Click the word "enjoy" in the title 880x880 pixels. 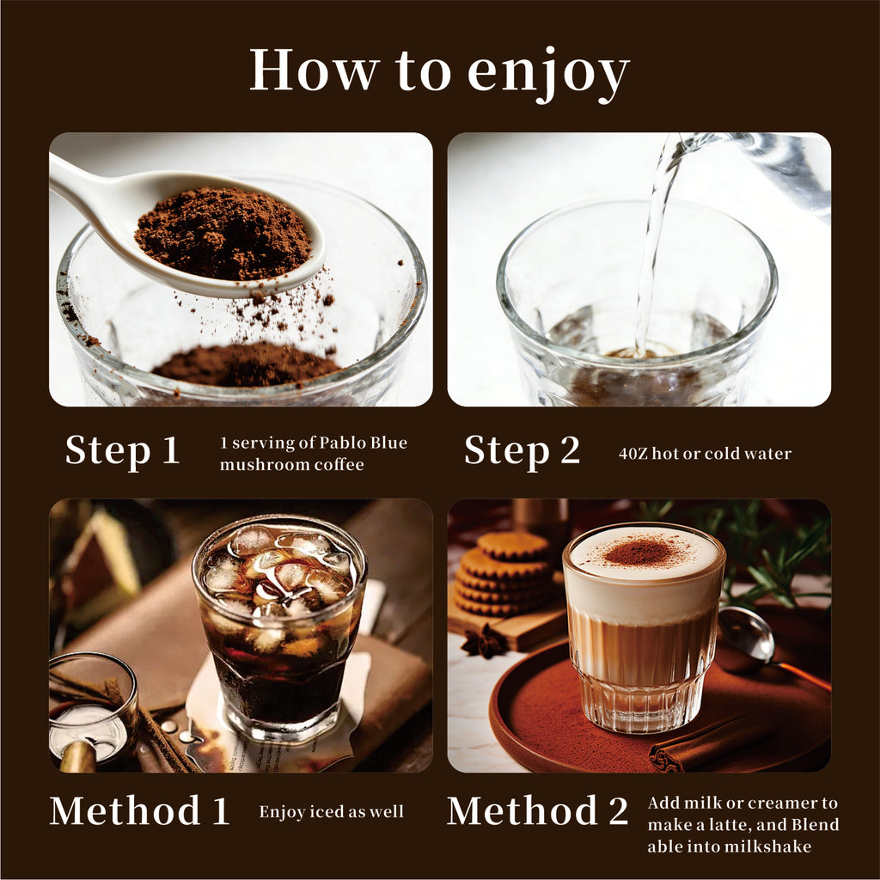(548, 74)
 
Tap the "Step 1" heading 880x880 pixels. (122, 450)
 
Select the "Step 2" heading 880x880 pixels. (522, 450)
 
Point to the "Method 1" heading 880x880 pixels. (140, 810)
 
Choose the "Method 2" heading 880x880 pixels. (537, 810)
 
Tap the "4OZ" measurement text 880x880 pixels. (632, 454)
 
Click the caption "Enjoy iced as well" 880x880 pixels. (331, 812)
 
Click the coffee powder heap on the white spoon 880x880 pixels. (223, 234)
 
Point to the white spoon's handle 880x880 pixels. (95, 191)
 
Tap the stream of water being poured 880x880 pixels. (654, 241)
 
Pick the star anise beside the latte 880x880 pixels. (486, 641)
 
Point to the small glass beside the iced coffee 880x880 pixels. (93, 710)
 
